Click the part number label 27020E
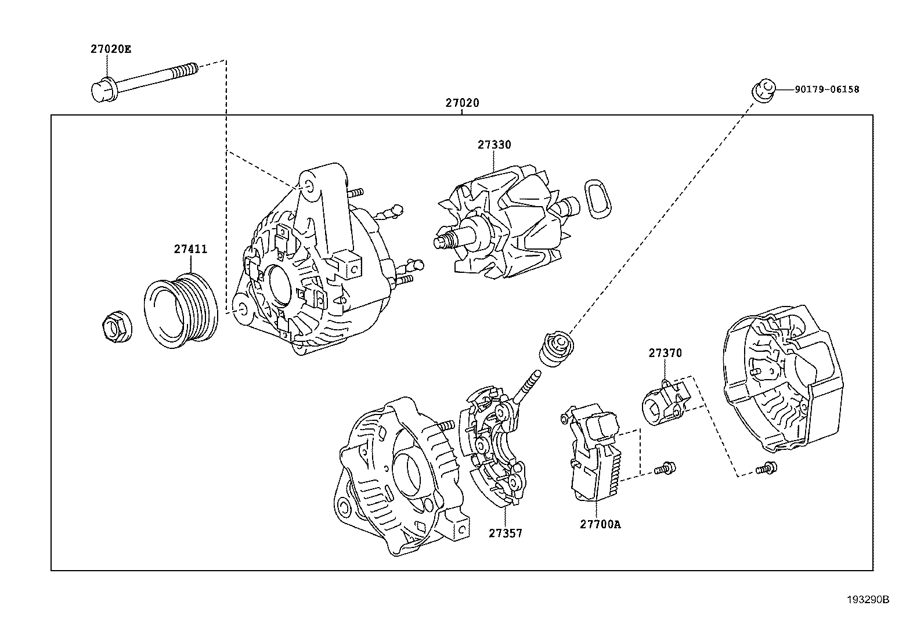[110, 49]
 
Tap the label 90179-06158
[827, 89]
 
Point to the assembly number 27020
[462, 103]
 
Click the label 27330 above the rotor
[494, 145]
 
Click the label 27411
[190, 249]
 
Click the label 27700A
[600, 524]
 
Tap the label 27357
[504, 533]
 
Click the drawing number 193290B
[867, 600]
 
